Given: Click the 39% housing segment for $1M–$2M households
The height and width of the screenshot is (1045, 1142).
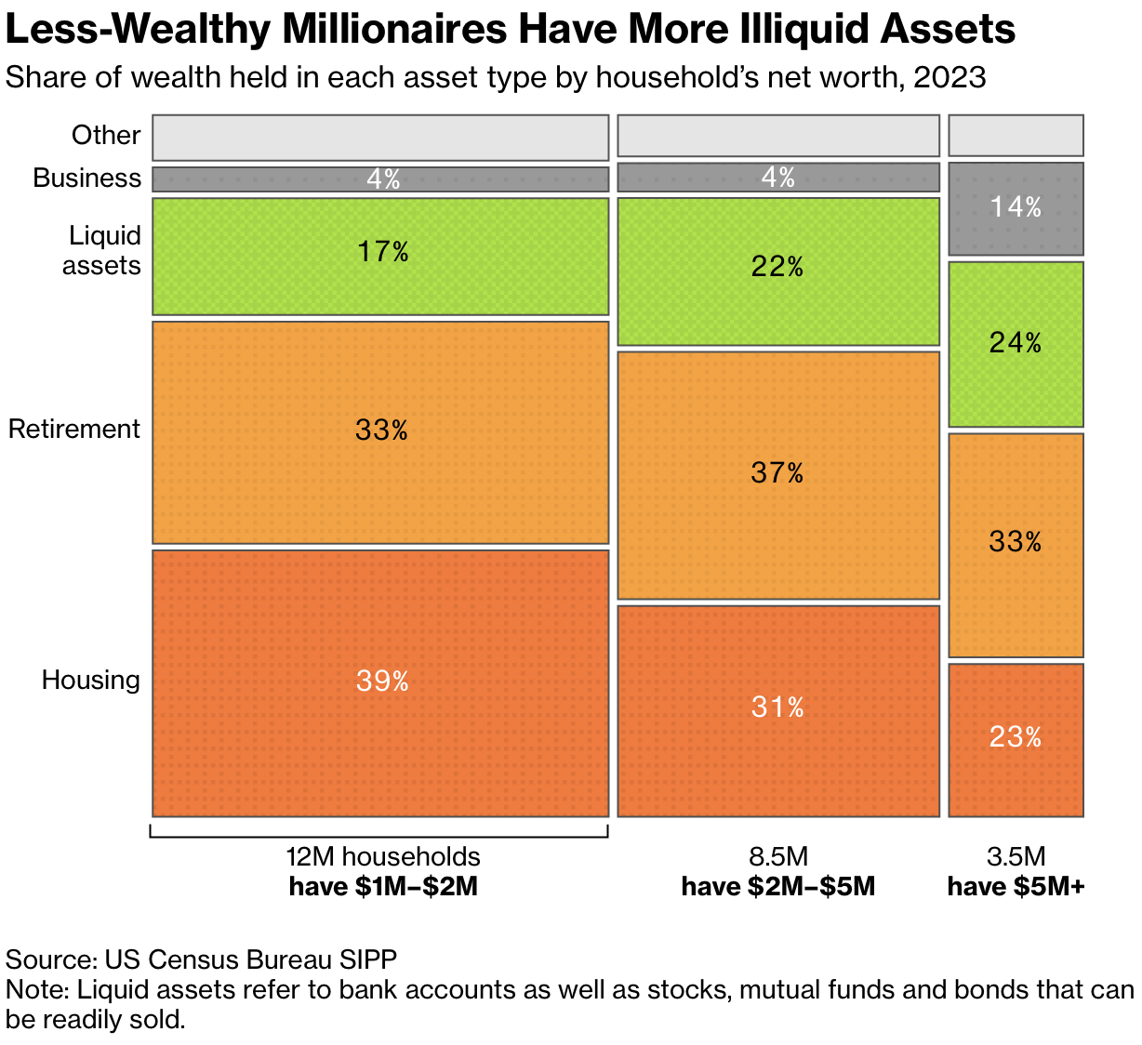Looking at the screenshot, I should (x=380, y=682).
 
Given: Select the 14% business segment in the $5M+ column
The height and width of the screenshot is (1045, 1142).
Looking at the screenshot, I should (x=1016, y=208).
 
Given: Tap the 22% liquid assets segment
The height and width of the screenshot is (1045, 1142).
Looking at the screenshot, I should (x=777, y=270).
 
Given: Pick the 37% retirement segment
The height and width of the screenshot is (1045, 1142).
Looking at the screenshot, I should (x=777, y=474).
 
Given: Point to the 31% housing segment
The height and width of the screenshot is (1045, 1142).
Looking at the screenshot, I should (x=777, y=709).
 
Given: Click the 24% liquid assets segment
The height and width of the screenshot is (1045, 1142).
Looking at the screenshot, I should (x=1016, y=344).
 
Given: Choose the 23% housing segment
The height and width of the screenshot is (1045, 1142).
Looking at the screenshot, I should (x=1016, y=739).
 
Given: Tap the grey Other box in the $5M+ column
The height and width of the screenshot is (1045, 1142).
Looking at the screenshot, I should (x=1016, y=136).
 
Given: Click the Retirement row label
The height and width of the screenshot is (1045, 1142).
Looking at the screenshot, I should (x=74, y=430).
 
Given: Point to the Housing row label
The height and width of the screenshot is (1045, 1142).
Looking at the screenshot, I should (x=90, y=681).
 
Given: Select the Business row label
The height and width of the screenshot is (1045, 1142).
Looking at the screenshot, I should (x=86, y=179).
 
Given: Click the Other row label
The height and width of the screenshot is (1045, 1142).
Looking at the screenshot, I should (x=106, y=136).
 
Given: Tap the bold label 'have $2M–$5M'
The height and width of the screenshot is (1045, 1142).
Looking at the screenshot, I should (x=777, y=887).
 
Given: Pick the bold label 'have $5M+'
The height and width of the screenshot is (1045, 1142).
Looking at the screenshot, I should (x=1016, y=887).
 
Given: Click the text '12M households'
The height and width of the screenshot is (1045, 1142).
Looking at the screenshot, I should (x=382, y=856).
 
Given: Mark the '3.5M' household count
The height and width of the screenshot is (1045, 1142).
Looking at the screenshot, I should (x=1016, y=856).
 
